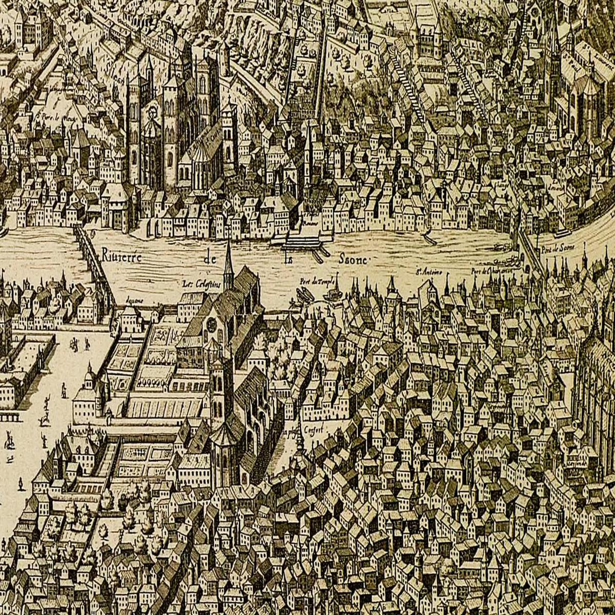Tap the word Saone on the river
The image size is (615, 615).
click(x=353, y=260)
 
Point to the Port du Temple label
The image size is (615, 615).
click(x=313, y=281)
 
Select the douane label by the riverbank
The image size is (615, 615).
click(x=135, y=301)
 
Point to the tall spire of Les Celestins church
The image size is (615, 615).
click(x=228, y=261)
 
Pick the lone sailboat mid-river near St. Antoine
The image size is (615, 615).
click(x=426, y=237)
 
